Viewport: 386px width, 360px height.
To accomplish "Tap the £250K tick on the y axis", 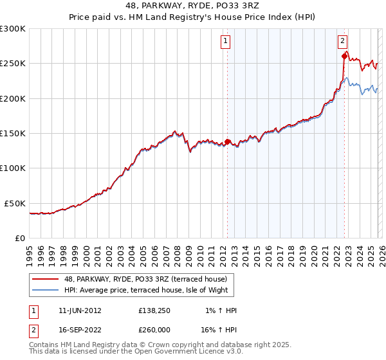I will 13,64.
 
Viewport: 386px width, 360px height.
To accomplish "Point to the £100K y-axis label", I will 13,168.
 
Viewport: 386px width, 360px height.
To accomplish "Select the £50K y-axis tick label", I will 15,203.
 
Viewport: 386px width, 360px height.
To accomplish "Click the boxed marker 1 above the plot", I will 226,42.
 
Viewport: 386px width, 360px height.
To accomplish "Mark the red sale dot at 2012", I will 227,141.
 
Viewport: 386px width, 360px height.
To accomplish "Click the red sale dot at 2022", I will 344,57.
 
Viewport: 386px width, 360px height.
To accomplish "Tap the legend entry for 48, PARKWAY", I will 145,280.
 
